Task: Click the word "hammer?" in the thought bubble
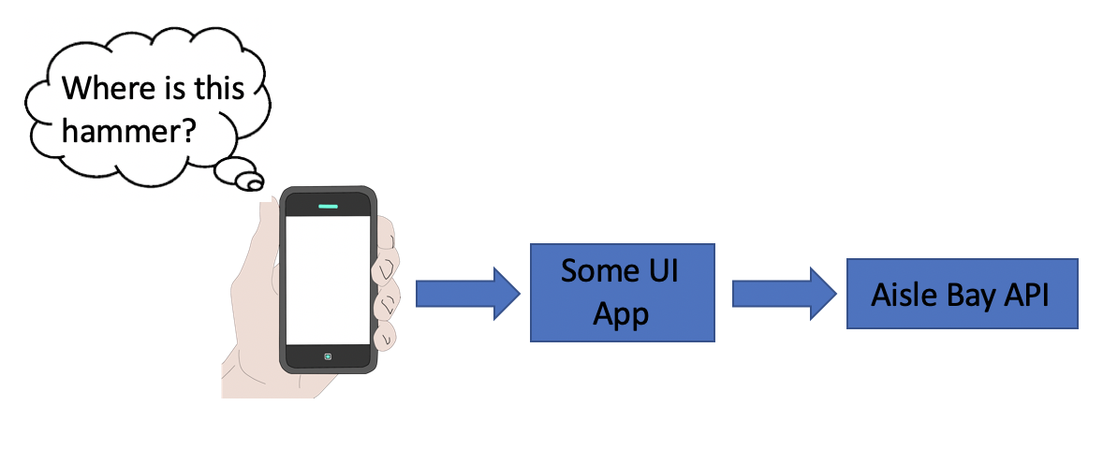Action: click(128, 131)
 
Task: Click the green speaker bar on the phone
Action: click(329, 205)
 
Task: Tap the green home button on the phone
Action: click(329, 356)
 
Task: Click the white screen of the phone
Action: click(329, 281)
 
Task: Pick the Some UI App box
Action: click(622, 293)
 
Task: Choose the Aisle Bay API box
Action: click(962, 294)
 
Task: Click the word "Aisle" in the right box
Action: click(902, 295)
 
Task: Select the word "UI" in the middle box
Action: click(661, 272)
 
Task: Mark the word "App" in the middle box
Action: click(622, 314)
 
